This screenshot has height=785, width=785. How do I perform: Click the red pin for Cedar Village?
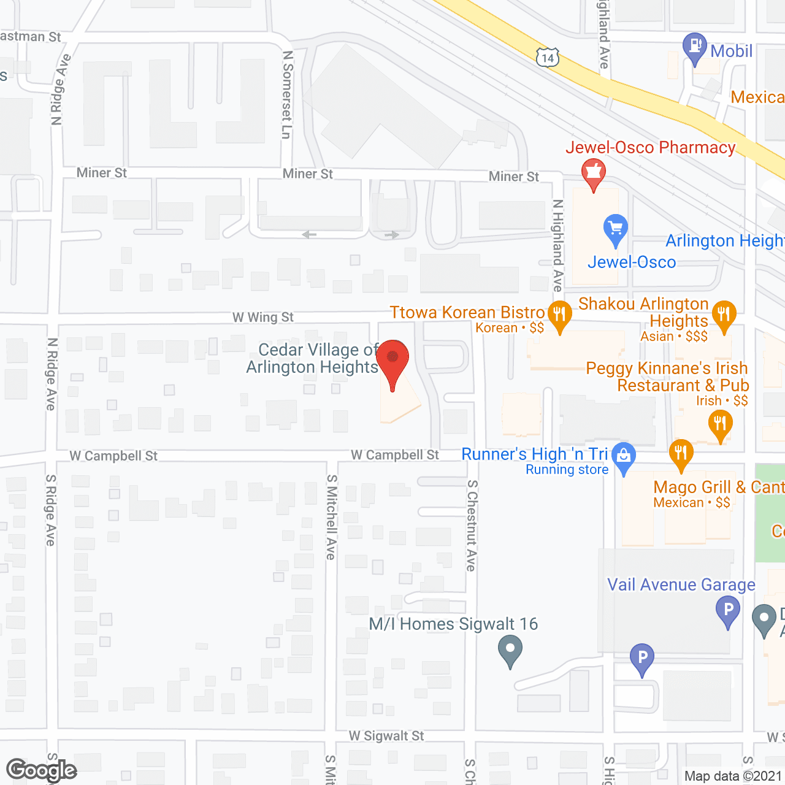(x=392, y=360)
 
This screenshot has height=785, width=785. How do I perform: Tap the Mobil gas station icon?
(x=695, y=47)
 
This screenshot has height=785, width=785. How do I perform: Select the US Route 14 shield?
(x=547, y=58)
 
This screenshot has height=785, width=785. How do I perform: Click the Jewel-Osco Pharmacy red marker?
(x=593, y=172)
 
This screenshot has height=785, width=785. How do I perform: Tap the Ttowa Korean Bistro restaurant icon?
(x=559, y=316)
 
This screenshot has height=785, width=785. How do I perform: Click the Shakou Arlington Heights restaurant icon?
(x=724, y=315)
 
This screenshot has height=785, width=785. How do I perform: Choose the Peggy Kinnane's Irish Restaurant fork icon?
(x=720, y=424)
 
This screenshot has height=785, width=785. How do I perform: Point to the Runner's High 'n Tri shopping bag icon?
(x=624, y=456)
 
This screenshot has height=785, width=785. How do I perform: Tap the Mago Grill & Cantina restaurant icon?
(x=681, y=454)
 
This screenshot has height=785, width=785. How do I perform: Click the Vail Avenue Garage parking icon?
(x=728, y=610)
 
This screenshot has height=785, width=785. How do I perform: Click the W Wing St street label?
(x=263, y=317)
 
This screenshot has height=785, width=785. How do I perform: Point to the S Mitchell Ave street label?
(x=331, y=517)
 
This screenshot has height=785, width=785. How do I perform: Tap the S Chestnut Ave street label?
(x=471, y=525)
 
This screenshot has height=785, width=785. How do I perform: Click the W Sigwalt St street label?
(x=386, y=735)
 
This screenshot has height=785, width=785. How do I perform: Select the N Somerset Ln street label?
(x=287, y=94)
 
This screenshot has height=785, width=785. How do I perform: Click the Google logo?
(x=41, y=770)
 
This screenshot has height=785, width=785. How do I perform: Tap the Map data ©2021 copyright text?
(x=733, y=776)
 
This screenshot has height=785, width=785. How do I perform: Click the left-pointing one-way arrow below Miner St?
(x=310, y=234)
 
